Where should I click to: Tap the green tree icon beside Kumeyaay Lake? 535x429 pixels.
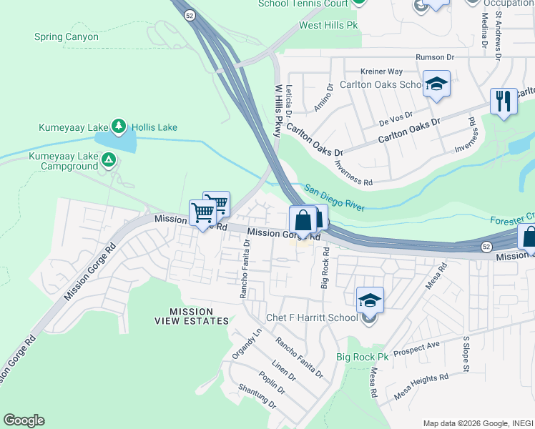click(x=119, y=127)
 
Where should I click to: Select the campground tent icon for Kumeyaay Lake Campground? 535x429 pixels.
click(x=108, y=160)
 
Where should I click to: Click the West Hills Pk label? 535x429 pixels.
click(x=328, y=25)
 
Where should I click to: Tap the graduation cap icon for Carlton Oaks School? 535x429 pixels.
click(x=435, y=86)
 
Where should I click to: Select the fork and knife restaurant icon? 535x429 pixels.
click(x=504, y=101)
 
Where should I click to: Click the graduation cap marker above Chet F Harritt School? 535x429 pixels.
click(x=370, y=301)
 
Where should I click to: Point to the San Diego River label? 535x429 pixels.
click(x=335, y=198)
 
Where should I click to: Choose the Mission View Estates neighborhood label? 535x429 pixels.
click(x=191, y=316)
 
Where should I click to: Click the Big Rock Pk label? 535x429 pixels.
click(x=362, y=357)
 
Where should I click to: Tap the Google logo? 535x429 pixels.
click(x=24, y=420)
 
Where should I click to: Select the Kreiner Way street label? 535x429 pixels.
click(x=382, y=71)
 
